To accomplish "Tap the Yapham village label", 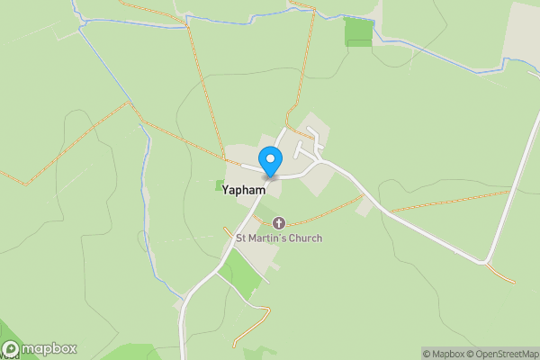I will click(x=244, y=191).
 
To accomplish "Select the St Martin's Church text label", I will click(x=278, y=238).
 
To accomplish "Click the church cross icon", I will click(x=278, y=222).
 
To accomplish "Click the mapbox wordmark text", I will click(x=49, y=349).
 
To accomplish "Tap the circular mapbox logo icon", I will click(x=12, y=349).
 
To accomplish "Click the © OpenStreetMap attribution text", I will click(x=505, y=354).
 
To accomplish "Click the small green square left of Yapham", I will click(x=220, y=185).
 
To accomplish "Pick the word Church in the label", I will click(x=305, y=238).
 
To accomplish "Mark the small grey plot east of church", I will click(x=364, y=208).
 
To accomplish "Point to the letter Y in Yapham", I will click(x=227, y=191).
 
